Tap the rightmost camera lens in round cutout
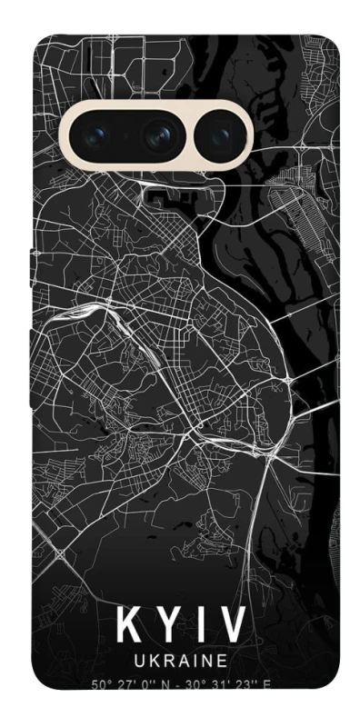coord(219,137)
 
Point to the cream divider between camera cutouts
coord(187,137)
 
